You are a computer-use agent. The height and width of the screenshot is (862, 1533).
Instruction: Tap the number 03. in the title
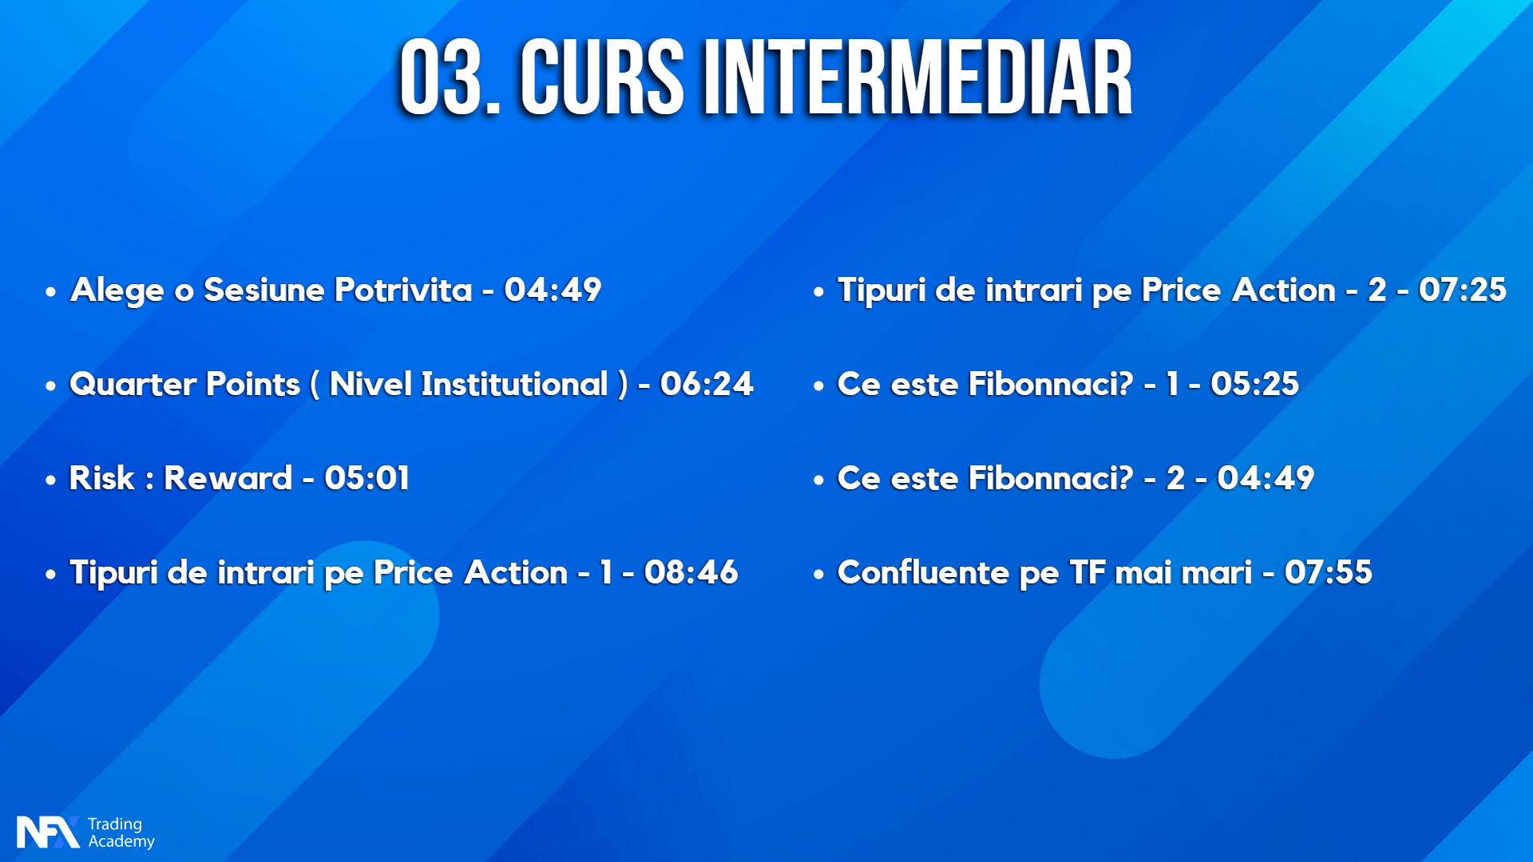click(x=450, y=77)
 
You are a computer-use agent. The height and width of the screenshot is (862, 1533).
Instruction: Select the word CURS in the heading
click(x=602, y=77)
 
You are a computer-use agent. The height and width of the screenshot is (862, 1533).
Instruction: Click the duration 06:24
click(x=707, y=384)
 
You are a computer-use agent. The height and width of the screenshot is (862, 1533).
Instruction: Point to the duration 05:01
click(x=367, y=478)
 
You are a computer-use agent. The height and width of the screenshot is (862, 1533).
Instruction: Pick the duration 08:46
click(x=691, y=572)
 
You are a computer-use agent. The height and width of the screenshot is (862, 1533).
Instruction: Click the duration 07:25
click(x=1463, y=290)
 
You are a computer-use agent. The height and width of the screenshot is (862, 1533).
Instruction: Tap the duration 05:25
click(x=1255, y=384)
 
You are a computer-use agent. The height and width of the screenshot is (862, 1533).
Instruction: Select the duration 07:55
click(x=1329, y=572)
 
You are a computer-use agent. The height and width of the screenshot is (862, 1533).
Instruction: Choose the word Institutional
click(x=514, y=384)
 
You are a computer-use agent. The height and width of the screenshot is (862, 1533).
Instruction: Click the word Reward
click(x=228, y=478)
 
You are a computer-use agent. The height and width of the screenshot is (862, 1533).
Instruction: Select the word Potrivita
click(x=404, y=290)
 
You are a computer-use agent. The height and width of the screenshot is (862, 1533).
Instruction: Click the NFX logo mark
click(x=48, y=832)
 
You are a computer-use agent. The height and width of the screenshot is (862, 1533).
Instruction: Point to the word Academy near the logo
click(x=121, y=841)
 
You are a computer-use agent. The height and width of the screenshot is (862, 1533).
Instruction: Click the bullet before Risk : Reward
click(x=51, y=480)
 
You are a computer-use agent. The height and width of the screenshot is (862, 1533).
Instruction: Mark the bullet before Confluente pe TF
click(x=818, y=575)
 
